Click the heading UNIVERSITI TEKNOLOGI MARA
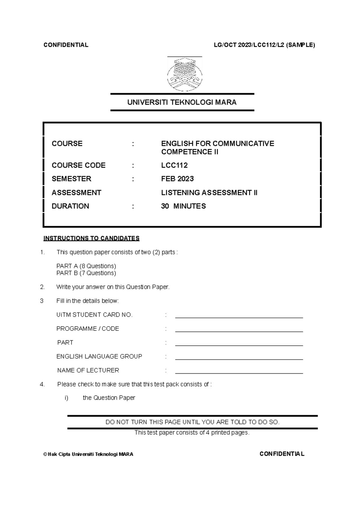pos(182,102)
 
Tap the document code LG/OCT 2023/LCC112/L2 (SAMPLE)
pos(264,45)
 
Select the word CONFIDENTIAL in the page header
pos(66,45)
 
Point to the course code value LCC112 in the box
pos(174,165)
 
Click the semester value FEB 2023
pos(177,179)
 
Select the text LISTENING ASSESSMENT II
pos(209,193)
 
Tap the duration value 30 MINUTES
pos(183,206)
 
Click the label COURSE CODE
pos(79,165)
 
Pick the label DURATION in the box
pos(70,206)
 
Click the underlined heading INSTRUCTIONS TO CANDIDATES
pos(91,238)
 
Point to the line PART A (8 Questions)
pos(86,266)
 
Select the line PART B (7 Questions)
pos(86,273)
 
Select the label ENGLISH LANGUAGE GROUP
pos(99,356)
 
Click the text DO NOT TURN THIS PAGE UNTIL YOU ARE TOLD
pos(192,422)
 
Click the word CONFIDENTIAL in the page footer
pos(282,454)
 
